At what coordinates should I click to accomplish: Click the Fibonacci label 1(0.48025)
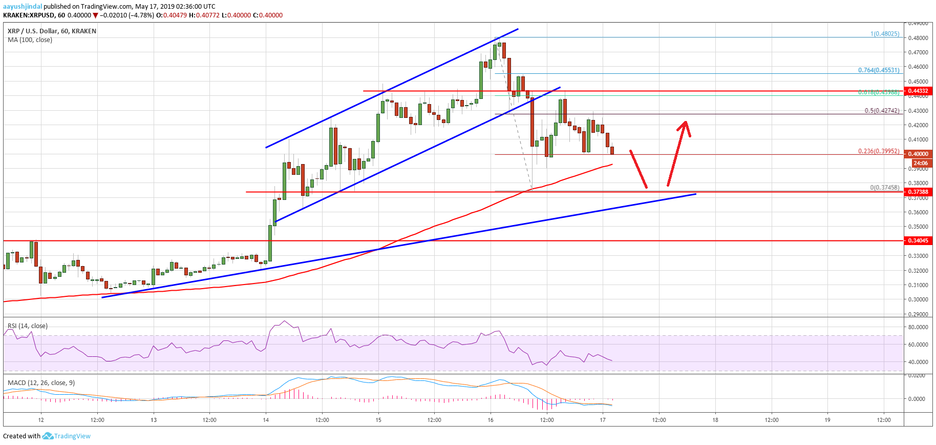[x=885, y=34]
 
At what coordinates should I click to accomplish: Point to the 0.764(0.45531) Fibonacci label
[x=879, y=70]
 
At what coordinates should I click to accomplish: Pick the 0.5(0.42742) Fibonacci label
[x=882, y=111]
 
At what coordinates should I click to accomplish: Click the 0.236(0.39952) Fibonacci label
[x=879, y=151]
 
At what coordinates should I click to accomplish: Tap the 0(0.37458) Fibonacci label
[x=884, y=188]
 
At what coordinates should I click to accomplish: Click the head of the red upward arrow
[x=685, y=123]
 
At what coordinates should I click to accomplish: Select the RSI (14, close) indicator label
[x=28, y=326]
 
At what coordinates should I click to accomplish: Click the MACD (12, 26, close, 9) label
[x=41, y=383]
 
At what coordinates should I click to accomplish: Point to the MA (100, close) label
[x=30, y=40]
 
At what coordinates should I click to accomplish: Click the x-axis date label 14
[x=266, y=420]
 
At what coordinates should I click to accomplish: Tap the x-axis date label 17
[x=603, y=420]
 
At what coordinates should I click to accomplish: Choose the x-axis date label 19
[x=827, y=420]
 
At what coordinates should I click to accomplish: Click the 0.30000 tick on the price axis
[x=918, y=299]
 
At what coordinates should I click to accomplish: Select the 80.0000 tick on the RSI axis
[x=918, y=327]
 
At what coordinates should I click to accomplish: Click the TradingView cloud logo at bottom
[x=48, y=436]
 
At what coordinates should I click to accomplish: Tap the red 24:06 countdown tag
[x=921, y=163]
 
